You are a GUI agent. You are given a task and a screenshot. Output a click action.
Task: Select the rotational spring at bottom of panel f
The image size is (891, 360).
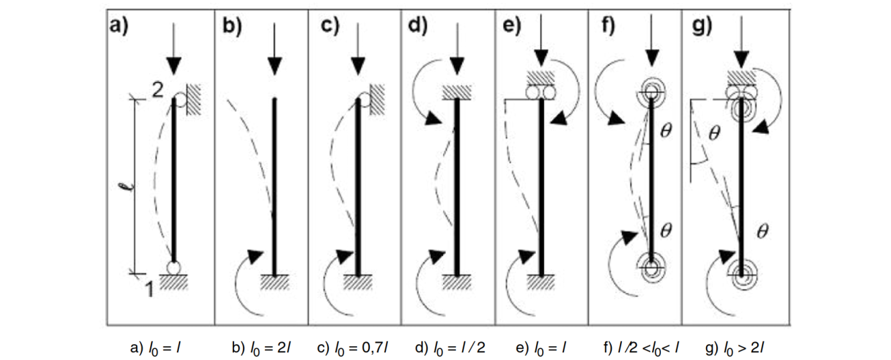pyautogui.click(x=652, y=266)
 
